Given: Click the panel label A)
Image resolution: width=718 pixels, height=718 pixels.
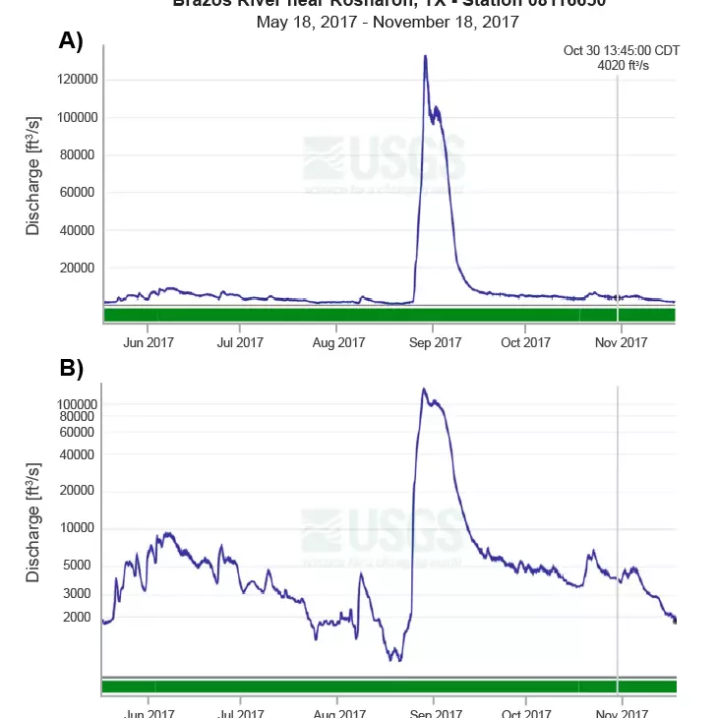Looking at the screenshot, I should [x=72, y=40].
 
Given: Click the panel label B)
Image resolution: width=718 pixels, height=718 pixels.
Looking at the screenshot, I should [x=72, y=369].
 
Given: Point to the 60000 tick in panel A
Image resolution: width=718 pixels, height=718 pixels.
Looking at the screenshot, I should [x=77, y=193].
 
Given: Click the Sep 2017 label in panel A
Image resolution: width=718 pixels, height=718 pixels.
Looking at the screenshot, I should [x=434, y=342].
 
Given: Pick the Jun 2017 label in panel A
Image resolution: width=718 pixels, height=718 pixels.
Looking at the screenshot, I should [x=147, y=342].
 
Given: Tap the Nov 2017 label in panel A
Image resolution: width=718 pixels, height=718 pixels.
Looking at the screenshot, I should [x=622, y=342].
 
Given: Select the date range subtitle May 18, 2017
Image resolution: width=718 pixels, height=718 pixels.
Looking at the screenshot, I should [x=388, y=22].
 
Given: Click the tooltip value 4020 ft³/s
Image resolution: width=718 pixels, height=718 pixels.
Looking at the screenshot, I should [x=623, y=66].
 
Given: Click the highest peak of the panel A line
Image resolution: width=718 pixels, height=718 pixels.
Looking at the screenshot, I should [x=425, y=56].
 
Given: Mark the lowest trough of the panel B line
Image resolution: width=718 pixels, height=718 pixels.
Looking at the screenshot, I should [x=394, y=659].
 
